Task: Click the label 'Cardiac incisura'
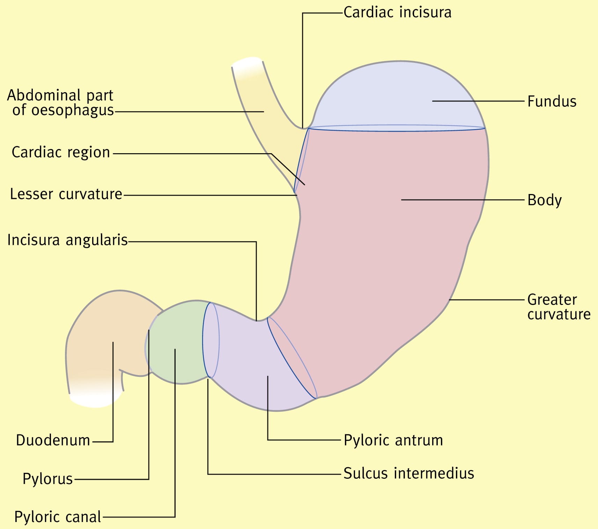(397, 12)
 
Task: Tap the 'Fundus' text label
(552, 102)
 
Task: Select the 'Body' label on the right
(545, 200)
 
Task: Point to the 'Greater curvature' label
(559, 307)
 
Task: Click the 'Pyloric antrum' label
(393, 440)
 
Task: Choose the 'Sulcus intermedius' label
(409, 474)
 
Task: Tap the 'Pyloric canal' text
(58, 517)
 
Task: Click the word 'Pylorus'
(48, 479)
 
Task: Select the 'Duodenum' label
(53, 440)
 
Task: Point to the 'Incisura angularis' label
(68, 240)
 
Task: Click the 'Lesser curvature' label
(66, 194)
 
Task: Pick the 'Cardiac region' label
(61, 152)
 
